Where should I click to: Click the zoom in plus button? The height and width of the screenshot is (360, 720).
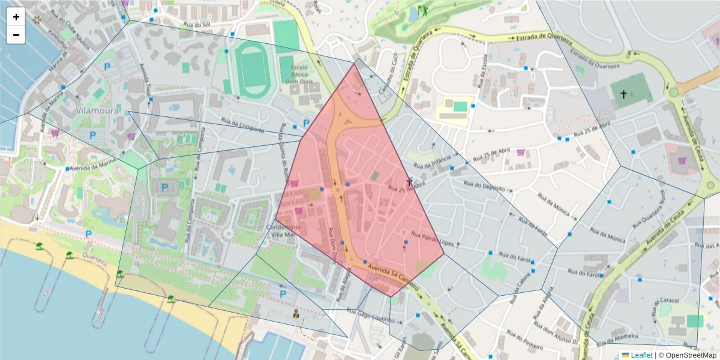click(16, 17)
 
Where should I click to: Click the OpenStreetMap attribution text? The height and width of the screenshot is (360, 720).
click(687, 355)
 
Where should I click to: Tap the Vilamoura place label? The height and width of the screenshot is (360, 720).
click(98, 112)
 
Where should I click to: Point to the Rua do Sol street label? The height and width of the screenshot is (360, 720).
click(197, 25)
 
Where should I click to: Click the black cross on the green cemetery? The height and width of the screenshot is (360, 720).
click(623, 94)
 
